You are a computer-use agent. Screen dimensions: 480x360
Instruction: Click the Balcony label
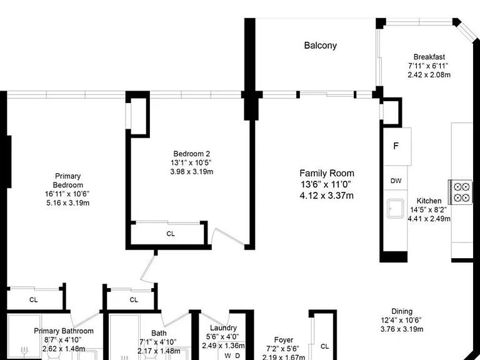[x=320, y=46]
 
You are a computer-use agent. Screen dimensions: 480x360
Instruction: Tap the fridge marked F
[x=397, y=147]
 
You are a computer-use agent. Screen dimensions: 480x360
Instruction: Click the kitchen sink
[x=396, y=209]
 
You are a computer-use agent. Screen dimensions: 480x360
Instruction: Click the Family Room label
[x=327, y=173]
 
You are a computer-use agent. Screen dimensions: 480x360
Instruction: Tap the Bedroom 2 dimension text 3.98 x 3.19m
[x=192, y=171]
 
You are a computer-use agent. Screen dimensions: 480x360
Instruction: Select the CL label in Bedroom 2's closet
[x=171, y=234]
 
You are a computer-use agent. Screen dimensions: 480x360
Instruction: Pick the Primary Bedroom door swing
[x=148, y=269]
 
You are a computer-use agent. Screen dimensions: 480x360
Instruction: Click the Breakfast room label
[x=429, y=57]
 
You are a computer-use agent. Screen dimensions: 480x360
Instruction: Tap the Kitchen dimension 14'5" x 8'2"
[x=429, y=210]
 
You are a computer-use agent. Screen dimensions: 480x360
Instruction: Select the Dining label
[x=402, y=311]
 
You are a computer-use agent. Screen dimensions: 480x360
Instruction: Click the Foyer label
[x=284, y=340]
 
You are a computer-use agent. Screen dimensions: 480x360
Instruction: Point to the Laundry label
[x=224, y=328]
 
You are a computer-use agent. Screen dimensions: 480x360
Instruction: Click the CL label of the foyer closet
[x=325, y=346]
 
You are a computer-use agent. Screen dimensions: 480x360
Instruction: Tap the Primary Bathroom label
[x=64, y=331]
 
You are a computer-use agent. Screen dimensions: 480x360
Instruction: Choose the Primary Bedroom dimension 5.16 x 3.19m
[x=68, y=202]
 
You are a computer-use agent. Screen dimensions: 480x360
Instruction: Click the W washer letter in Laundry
[x=227, y=356]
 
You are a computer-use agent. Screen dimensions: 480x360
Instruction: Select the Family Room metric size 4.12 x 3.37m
[x=327, y=195]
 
